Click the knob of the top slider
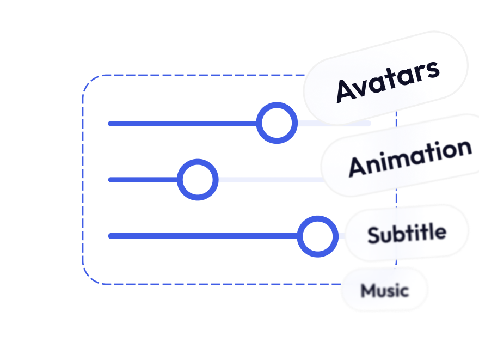277,123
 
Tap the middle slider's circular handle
198,179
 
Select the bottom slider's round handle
317,236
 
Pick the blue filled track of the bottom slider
201,236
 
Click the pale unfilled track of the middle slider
267,179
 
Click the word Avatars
388,81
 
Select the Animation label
410,157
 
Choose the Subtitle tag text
407,234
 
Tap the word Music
384,290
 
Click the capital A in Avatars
346,90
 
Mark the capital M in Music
368,290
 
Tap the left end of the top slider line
111,124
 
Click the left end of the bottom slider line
111,236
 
